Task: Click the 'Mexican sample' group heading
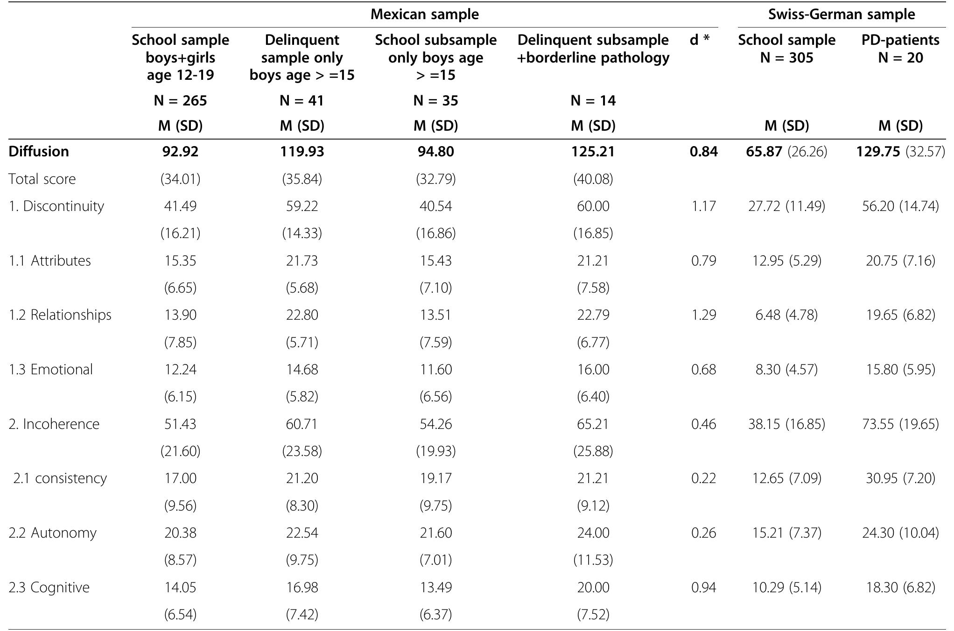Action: click(424, 14)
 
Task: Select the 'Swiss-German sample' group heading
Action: click(842, 14)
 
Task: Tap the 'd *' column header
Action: click(700, 40)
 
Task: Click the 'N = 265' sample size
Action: click(180, 101)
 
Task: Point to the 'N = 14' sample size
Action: click(593, 101)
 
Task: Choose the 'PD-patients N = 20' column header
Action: click(900, 49)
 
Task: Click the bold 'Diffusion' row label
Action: click(39, 152)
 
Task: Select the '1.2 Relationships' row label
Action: click(60, 315)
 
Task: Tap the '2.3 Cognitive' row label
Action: click(49, 587)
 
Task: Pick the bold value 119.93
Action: click(302, 152)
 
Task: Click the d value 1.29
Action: click(703, 315)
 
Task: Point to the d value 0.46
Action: click(703, 424)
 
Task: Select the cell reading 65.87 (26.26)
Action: click(786, 152)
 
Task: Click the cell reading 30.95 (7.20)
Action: click(900, 478)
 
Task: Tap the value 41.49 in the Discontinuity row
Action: click(180, 206)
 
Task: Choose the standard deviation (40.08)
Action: click(593, 179)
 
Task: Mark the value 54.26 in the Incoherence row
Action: click(435, 424)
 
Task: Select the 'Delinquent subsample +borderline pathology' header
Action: click(593, 49)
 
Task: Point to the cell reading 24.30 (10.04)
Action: click(900, 533)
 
